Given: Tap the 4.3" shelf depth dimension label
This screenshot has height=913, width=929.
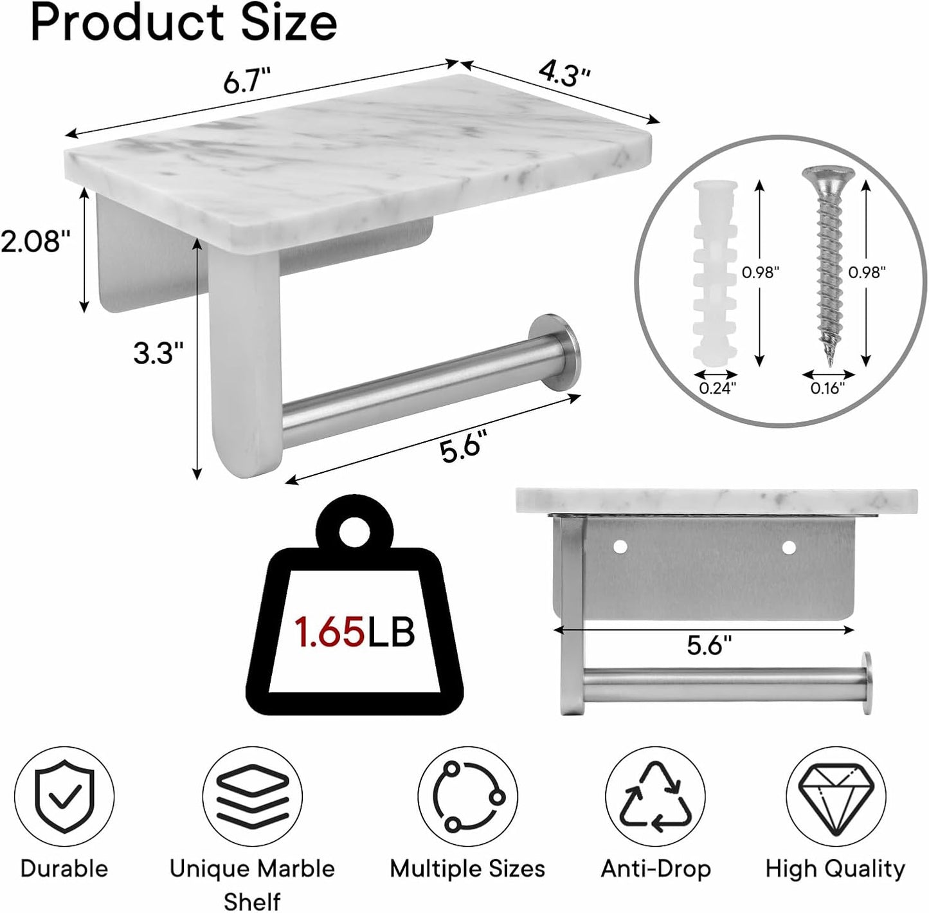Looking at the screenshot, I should (x=564, y=74).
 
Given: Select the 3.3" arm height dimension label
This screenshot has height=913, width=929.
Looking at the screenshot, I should (x=158, y=353).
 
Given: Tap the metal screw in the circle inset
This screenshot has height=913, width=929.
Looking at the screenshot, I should (x=827, y=264).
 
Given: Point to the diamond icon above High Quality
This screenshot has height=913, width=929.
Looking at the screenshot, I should (x=834, y=797).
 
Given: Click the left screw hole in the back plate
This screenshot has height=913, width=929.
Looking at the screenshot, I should (x=620, y=547).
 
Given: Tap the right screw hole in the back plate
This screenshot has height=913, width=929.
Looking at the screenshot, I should (x=789, y=547).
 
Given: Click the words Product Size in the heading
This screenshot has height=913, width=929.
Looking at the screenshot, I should (x=184, y=23).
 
